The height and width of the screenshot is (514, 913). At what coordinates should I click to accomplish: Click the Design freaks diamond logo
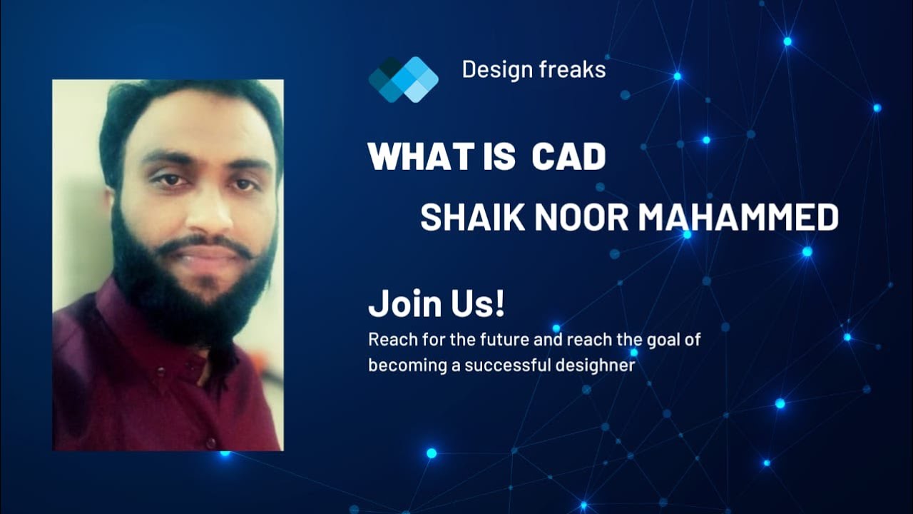[x=403, y=79]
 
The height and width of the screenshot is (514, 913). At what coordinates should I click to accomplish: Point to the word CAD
[x=568, y=156]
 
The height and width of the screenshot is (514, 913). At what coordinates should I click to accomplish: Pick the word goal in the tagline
[x=663, y=341]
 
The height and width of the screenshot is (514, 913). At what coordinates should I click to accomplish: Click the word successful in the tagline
[x=510, y=366]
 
